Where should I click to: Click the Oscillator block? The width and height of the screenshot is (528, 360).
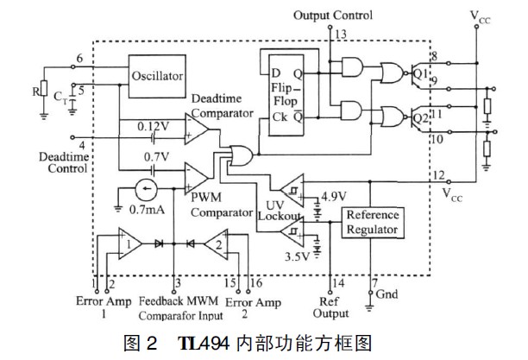pyautogui.click(x=157, y=75)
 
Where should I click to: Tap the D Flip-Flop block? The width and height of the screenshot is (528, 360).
pyautogui.click(x=286, y=92)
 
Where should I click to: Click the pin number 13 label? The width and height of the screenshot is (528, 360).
pyautogui.click(x=342, y=34)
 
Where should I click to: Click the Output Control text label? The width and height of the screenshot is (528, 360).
pyautogui.click(x=333, y=16)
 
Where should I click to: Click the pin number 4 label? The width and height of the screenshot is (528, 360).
pyautogui.click(x=83, y=145)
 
